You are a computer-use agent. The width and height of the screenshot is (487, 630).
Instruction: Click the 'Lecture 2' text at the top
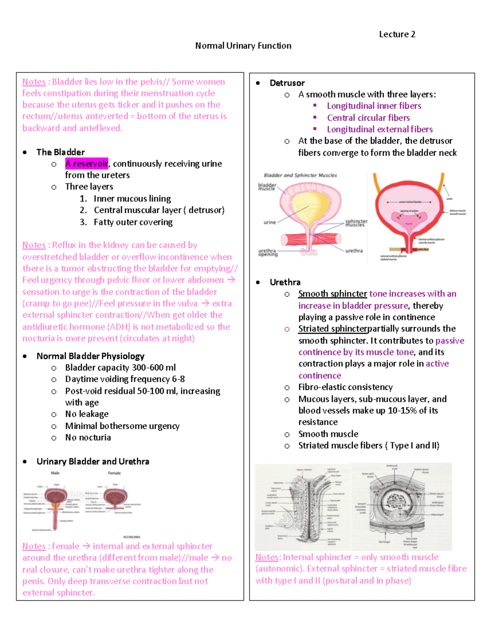tap(397, 34)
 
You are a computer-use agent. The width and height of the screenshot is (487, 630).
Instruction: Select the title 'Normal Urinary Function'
tap(243, 46)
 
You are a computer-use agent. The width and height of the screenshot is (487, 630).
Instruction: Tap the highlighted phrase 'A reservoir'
tap(86, 164)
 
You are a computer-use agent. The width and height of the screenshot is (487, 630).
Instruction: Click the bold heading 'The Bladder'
tap(60, 152)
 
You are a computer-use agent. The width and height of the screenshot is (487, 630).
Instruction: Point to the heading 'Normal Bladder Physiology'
tap(90, 356)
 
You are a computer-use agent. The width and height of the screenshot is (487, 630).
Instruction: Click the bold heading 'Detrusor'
tap(287, 83)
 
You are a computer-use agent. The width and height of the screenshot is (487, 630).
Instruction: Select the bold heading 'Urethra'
tap(285, 282)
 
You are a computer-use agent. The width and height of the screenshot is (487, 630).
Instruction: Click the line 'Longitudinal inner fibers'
tap(374, 106)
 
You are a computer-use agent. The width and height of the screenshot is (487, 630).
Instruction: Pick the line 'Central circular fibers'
tap(368, 118)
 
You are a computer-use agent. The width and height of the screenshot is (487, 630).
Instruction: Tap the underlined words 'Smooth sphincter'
tap(332, 294)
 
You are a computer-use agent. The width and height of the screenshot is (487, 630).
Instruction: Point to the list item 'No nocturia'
tap(88, 438)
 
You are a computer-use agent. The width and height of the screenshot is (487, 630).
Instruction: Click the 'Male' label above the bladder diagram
tap(55, 473)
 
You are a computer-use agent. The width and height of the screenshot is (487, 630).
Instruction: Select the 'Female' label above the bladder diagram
tap(114, 473)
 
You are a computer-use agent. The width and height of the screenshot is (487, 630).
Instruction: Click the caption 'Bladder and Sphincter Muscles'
tap(300, 175)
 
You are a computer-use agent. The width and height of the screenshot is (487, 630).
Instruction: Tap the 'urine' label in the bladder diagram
tap(269, 222)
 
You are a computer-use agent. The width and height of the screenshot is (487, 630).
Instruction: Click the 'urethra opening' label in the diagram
tap(268, 253)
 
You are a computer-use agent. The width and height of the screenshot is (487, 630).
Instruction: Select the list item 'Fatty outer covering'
tap(133, 222)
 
